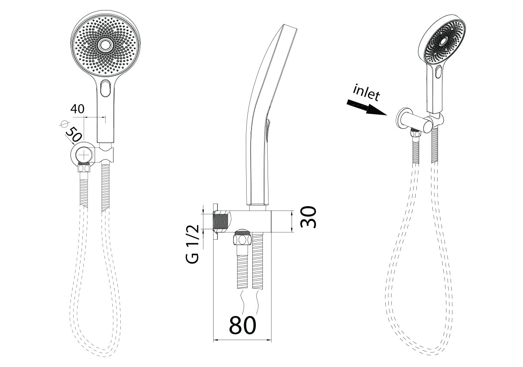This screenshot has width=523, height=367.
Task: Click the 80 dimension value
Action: tap(243, 325)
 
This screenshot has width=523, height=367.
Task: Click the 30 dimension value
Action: tap(309, 217)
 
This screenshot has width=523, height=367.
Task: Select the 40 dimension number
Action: tap(77, 109)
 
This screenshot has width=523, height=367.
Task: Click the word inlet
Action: tap(367, 93)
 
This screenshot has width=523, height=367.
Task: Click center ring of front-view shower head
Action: tap(105, 44)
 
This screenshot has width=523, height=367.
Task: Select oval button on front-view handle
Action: tap(105, 88)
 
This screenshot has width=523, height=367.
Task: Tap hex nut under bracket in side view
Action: tap(242, 239)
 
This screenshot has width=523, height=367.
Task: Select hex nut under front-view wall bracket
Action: tap(84, 167)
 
